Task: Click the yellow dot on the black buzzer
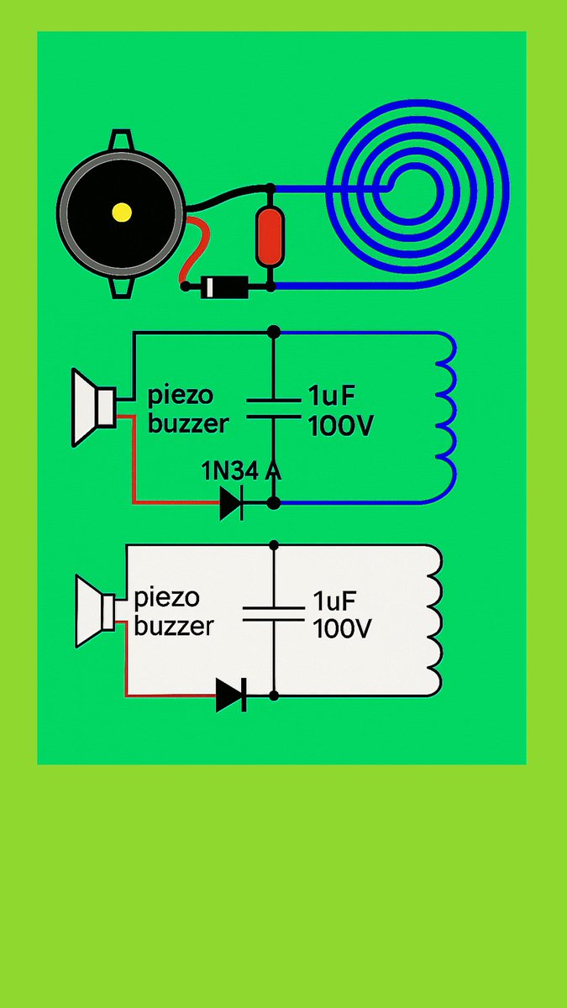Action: click(122, 213)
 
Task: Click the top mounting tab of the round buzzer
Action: click(121, 139)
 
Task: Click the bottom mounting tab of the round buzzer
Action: click(121, 287)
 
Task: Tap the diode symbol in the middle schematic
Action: click(231, 504)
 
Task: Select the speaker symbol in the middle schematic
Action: click(92, 407)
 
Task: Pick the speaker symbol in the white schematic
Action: click(96, 611)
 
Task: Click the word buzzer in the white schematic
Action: click(173, 627)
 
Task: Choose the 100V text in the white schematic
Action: click(341, 628)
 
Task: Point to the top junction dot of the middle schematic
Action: click(272, 333)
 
